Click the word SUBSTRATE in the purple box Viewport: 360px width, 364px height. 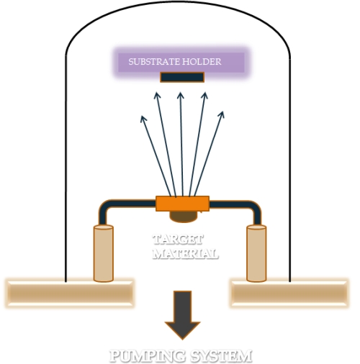[x=150, y=62]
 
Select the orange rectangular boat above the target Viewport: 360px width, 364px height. [x=182, y=203]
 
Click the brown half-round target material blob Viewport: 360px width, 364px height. [x=182, y=216]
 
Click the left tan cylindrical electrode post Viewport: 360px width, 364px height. [x=104, y=253]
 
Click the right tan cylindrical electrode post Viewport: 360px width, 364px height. [x=256, y=253]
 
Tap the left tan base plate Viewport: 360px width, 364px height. [x=69, y=291]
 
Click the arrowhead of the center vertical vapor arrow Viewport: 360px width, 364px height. [x=180, y=96]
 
